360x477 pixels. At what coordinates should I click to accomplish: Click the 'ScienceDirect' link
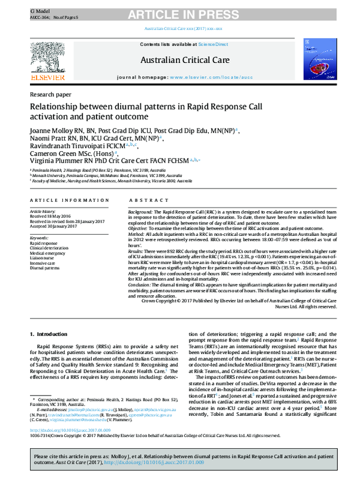(x=214, y=45)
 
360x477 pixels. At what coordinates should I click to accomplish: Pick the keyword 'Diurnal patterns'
(x=46, y=268)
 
